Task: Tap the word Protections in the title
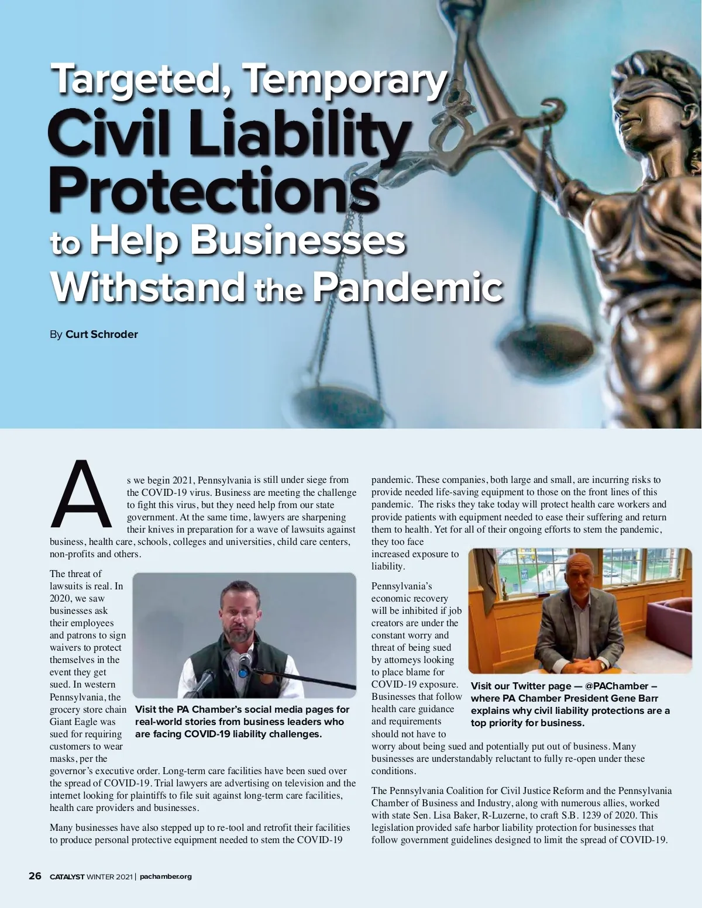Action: [214, 191]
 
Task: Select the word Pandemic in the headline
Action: [407, 288]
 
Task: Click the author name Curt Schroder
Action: [102, 334]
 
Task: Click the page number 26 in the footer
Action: [35, 876]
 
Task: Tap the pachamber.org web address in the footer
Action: [166, 876]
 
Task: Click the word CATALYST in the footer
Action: [67, 876]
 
